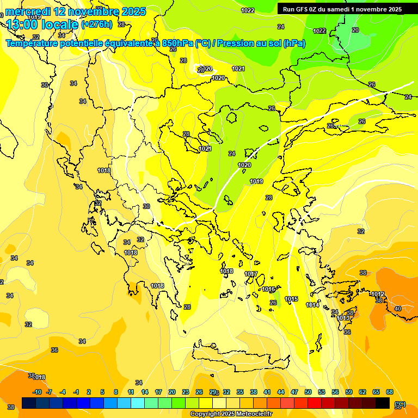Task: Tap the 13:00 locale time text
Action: click(x=42, y=24)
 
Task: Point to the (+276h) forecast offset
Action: click(x=97, y=24)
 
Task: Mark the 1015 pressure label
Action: click(x=291, y=299)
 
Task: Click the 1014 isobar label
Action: click(x=312, y=305)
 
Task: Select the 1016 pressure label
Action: click(x=268, y=289)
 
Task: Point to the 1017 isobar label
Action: click(x=251, y=274)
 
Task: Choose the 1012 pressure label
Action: click(x=378, y=294)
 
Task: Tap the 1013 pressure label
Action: click(x=343, y=318)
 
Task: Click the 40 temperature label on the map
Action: click(x=398, y=309)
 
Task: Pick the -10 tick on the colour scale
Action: click(x=37, y=392)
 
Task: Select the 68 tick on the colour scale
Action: click(x=390, y=392)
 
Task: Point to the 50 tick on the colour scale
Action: click(x=308, y=392)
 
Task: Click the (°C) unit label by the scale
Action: click(x=400, y=404)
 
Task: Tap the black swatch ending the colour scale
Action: click(x=383, y=403)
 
